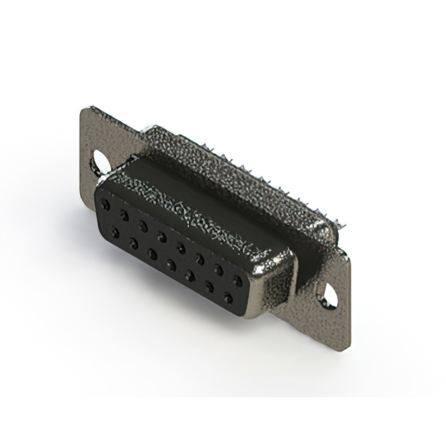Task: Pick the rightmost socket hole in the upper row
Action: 238,281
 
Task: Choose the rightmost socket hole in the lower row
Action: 226,298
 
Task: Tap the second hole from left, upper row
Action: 124,215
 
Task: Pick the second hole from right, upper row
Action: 220,270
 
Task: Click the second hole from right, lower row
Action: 208,286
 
